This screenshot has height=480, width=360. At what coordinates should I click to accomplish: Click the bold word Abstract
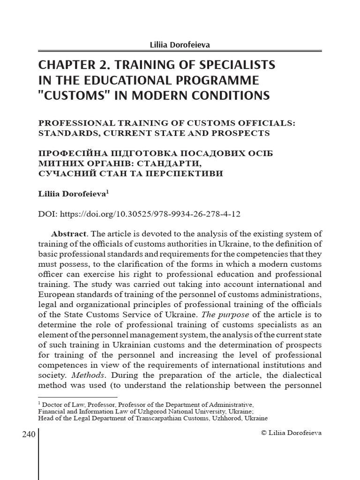point(68,233)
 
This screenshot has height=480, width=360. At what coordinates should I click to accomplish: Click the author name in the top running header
point(180,45)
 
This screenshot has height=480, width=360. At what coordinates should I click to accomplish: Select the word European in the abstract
point(57,294)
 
